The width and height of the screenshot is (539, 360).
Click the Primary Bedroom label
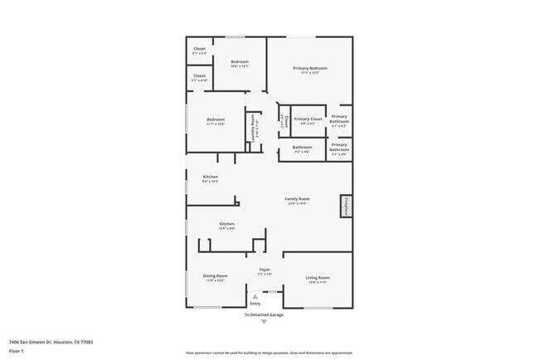309,68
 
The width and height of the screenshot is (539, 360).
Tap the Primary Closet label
307,119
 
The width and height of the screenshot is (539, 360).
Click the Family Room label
297,199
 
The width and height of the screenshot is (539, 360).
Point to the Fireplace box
346,207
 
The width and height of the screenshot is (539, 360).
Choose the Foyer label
265,270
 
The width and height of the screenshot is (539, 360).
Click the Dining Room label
215,277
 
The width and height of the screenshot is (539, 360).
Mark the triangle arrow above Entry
255,296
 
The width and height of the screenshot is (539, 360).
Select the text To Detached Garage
264,315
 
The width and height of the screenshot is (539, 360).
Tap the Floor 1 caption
17,351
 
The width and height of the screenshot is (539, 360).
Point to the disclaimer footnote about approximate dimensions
269,353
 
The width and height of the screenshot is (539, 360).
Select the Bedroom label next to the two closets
240,62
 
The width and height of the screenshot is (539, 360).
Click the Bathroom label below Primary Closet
302,148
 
